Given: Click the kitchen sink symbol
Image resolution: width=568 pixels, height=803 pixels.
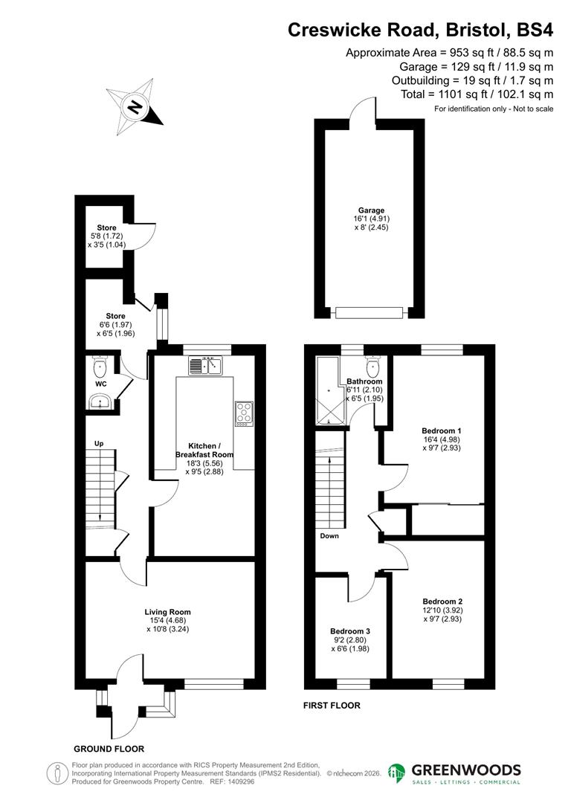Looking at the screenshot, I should pyautogui.click(x=206, y=365).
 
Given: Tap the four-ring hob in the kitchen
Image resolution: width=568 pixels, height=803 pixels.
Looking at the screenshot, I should pyautogui.click(x=244, y=413).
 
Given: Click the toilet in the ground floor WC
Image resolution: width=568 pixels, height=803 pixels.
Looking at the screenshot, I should pyautogui.click(x=100, y=367).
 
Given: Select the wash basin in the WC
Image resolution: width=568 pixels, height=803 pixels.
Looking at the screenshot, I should pyautogui.click(x=99, y=402).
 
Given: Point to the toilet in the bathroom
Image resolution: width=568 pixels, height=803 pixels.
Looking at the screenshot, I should pyautogui.click(x=373, y=367).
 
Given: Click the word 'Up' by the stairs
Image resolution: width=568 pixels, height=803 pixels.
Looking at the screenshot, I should pyautogui.click(x=97, y=444).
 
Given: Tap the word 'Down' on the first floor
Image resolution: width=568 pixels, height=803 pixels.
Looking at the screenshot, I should pyautogui.click(x=330, y=535).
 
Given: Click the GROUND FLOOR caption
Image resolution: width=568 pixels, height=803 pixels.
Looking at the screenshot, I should pyautogui.click(x=109, y=749).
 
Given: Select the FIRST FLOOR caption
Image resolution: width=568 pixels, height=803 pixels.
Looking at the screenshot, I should pyautogui.click(x=332, y=705).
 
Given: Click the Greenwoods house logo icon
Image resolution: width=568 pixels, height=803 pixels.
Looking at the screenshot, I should pyautogui.click(x=397, y=773).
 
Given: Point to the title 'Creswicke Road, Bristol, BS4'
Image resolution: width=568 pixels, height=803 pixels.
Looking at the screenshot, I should pyautogui.click(x=420, y=30).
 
